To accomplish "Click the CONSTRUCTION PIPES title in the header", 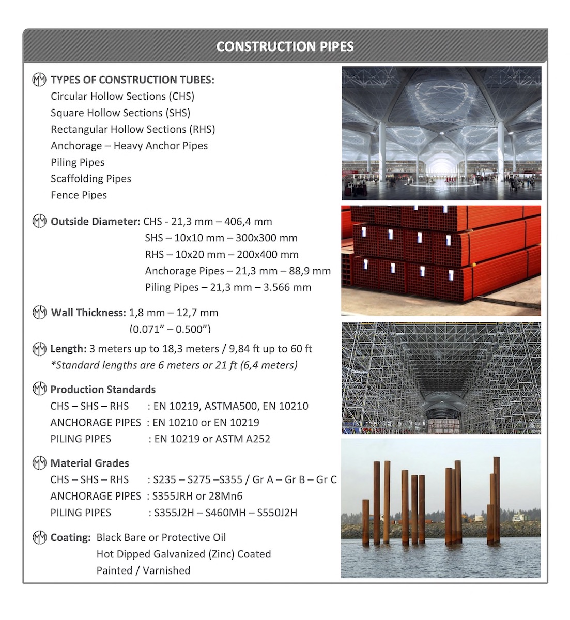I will (285, 47).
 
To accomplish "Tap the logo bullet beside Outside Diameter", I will (39, 222).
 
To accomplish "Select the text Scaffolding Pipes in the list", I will (91, 179).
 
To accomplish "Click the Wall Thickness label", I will (88, 313).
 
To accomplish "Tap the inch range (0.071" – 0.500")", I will (170, 329).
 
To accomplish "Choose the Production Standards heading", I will (103, 390).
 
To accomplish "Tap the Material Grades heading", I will (89, 463).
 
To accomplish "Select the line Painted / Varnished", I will (143, 570).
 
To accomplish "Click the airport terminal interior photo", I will (441, 133).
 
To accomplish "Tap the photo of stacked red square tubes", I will (441, 260).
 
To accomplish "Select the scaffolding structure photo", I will (441, 378).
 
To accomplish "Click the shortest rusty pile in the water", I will (366, 522).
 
